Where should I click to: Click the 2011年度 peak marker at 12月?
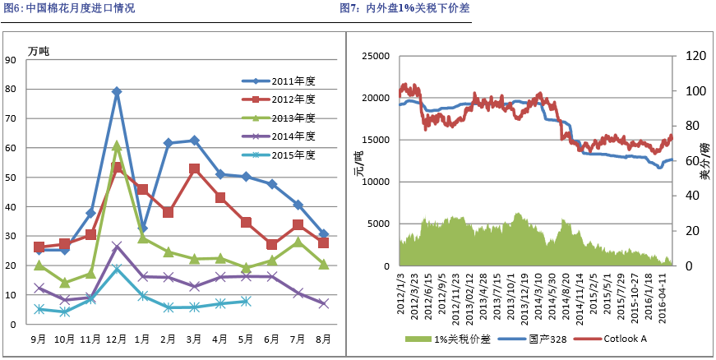117,92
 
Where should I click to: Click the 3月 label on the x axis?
194,338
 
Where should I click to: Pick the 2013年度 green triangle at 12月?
117,145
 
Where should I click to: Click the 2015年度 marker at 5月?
246,302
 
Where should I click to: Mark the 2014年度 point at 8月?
323,304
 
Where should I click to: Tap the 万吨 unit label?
39,51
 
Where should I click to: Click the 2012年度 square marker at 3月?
194,169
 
